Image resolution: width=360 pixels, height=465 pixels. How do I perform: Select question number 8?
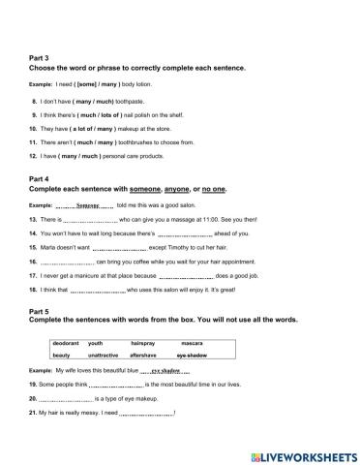(36, 100)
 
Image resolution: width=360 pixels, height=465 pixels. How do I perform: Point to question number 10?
(35, 127)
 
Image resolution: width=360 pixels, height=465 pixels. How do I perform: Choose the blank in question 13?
(88, 222)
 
